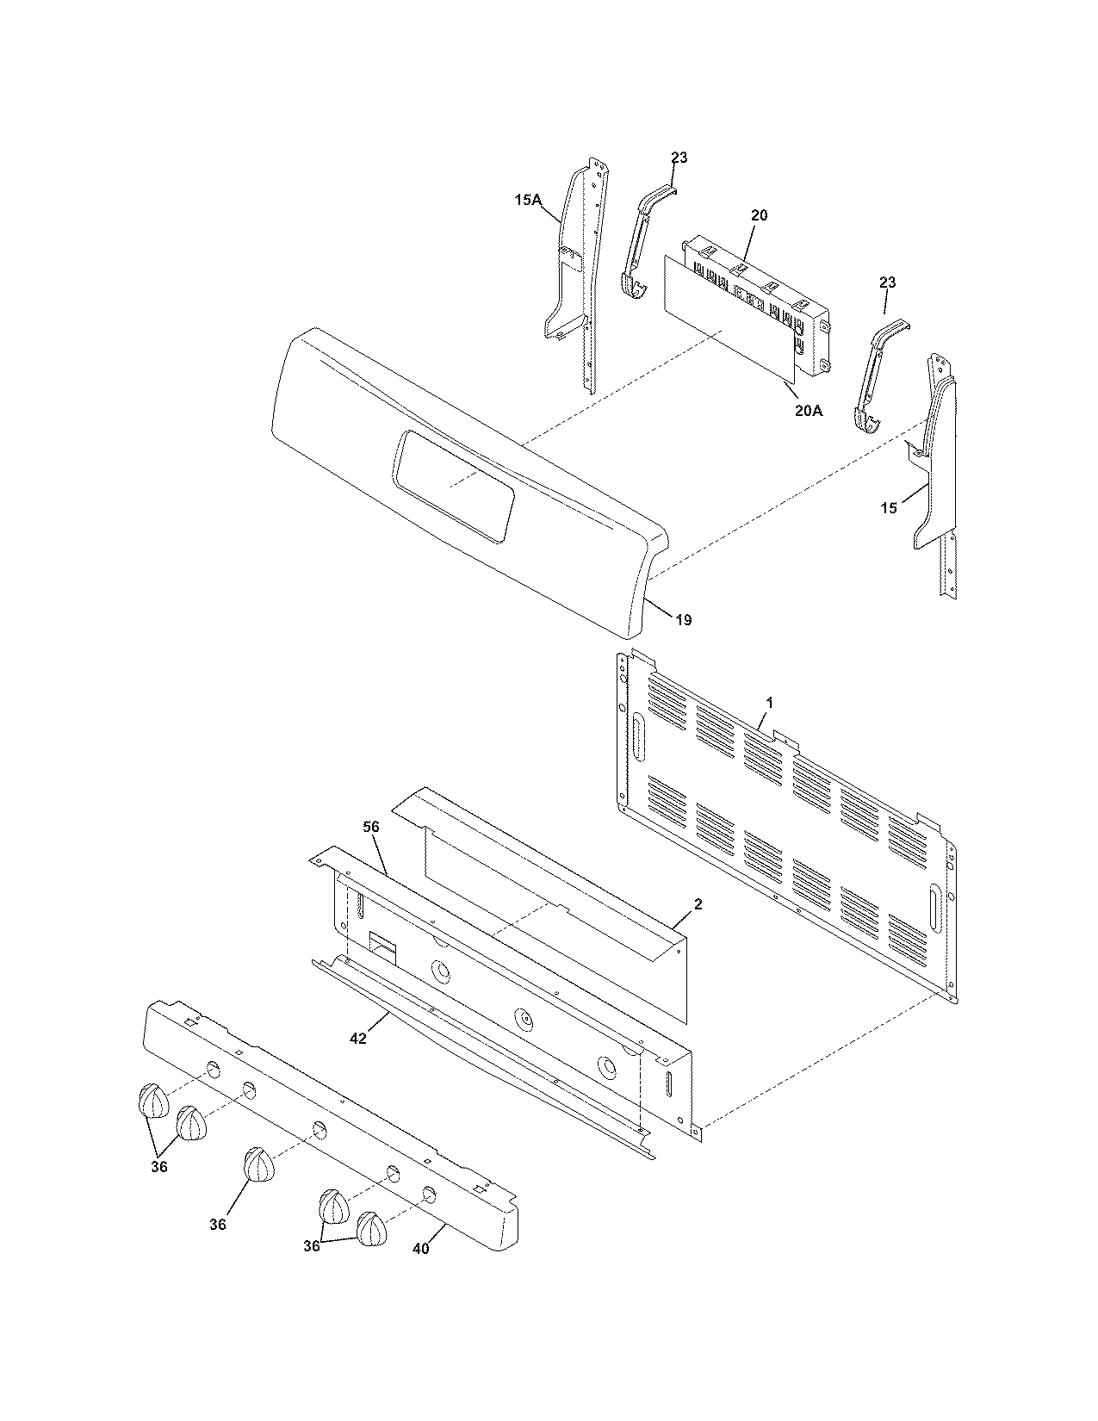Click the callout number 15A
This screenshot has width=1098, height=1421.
coord(528,200)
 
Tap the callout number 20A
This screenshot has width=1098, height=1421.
coord(808,411)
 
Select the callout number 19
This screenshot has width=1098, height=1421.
coord(682,620)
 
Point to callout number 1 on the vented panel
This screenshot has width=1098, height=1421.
coord(769,703)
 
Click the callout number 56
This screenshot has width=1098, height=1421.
coord(370,826)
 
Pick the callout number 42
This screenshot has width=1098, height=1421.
coord(358,1039)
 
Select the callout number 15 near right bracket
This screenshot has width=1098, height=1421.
coord(888,508)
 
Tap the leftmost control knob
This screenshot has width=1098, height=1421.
coord(152,1101)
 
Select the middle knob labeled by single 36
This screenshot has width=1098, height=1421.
coord(257,1164)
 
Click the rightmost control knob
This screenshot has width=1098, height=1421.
coord(372,1229)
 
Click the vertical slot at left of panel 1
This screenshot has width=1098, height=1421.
coord(638,735)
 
